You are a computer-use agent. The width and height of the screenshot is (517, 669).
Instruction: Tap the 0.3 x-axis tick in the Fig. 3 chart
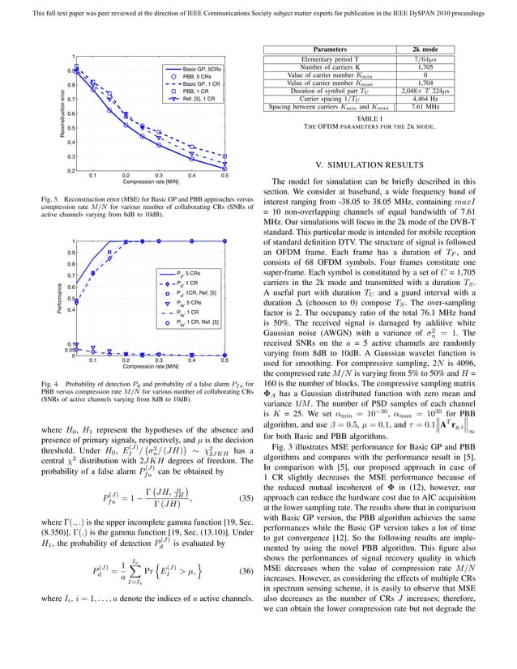click(159, 175)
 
